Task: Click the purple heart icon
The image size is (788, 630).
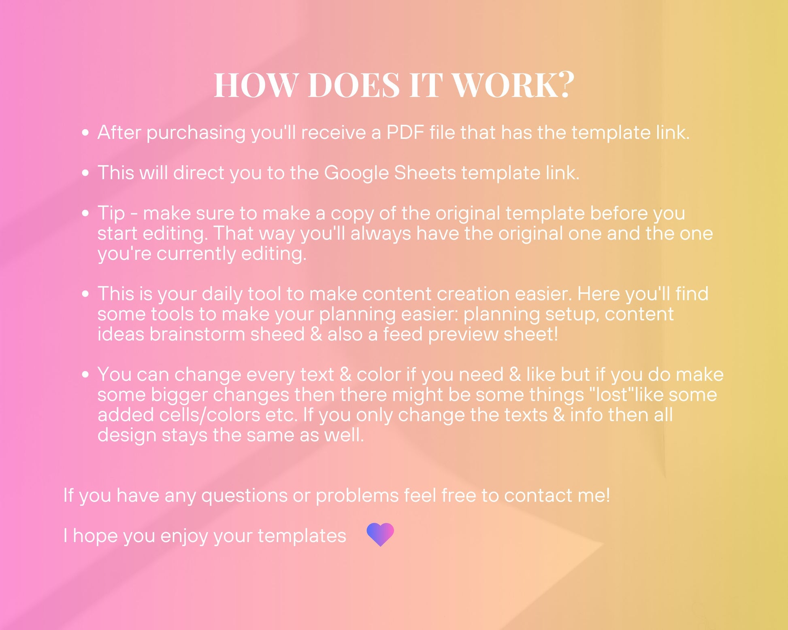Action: point(380,535)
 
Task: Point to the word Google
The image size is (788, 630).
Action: point(356,174)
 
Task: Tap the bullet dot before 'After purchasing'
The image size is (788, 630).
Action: point(85,133)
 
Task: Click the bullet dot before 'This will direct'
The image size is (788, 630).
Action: point(85,173)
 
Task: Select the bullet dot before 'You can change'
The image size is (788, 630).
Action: point(85,374)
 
